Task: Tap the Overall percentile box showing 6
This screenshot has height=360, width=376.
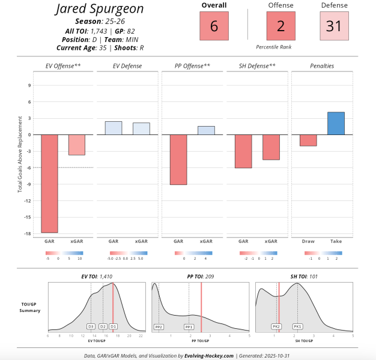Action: tap(214, 26)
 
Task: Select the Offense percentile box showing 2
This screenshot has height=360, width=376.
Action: tap(280, 26)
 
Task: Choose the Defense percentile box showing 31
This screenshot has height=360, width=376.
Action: tap(334, 26)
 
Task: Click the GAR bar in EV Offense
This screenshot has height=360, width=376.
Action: tap(49, 183)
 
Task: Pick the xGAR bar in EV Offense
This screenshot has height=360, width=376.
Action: tap(76, 145)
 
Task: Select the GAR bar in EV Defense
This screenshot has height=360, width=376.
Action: tap(114, 128)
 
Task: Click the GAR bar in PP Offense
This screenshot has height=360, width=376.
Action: tap(178, 159)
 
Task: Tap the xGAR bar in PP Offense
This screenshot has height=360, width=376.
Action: tap(205, 130)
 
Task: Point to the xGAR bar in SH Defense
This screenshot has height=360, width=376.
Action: tap(271, 147)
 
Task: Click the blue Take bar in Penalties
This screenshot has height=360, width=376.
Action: tap(336, 123)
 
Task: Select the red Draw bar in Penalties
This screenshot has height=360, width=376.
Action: tap(308, 140)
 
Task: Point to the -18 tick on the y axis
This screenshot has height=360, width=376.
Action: tap(27, 233)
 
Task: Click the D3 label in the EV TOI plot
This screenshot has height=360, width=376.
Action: tap(91, 326)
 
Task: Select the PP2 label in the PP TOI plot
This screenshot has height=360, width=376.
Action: tap(159, 326)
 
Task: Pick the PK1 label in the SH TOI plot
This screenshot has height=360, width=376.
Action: tap(297, 326)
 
